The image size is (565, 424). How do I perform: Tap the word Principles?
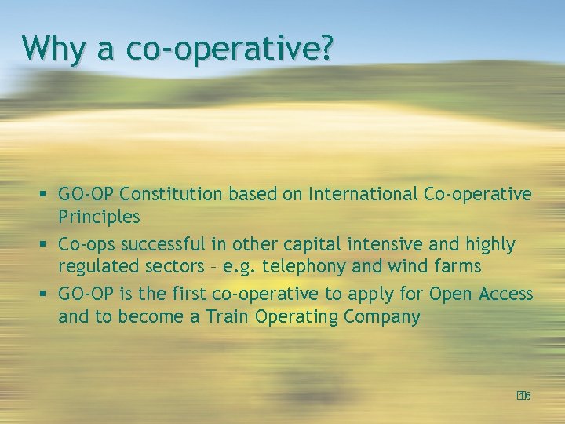pos(99,217)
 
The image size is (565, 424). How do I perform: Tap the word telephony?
pos(304,267)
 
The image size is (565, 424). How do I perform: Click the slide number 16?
pos(524,396)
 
